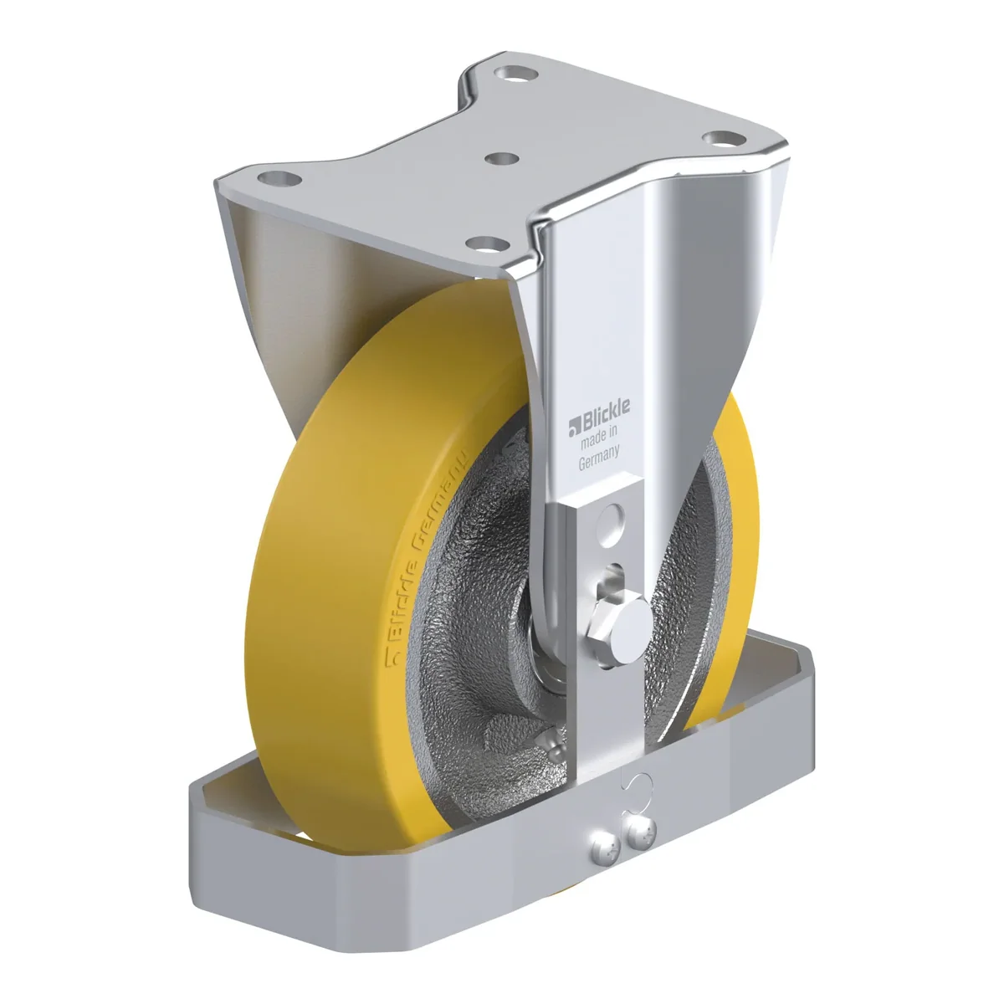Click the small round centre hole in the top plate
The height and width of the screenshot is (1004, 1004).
(x=501, y=158)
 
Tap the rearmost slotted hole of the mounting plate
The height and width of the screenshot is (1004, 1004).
(x=515, y=73)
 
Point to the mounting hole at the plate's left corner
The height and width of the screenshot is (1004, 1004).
(x=279, y=179)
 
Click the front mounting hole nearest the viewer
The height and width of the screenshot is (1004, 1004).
(x=487, y=243)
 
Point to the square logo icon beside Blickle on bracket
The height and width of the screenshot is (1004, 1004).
(x=574, y=428)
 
